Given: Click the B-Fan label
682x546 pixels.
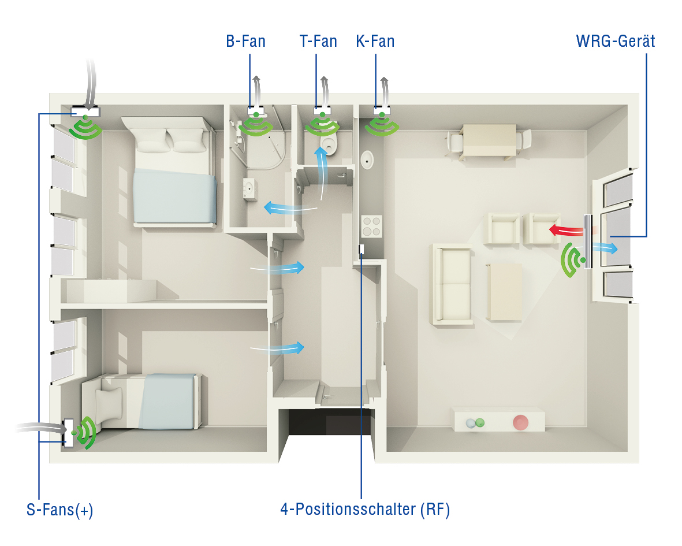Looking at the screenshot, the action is click(x=246, y=42).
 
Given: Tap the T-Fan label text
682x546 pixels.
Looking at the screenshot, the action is click(x=318, y=42).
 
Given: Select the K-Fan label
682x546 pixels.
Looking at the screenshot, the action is click(x=375, y=42).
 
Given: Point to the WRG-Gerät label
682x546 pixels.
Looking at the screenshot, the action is click(x=616, y=42).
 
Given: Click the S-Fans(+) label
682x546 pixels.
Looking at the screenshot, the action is click(x=60, y=510).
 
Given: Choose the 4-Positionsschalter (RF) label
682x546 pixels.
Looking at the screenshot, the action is click(x=365, y=510).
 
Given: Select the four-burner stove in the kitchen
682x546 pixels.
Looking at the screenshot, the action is click(x=371, y=226).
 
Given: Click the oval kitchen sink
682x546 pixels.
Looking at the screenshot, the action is click(x=367, y=159).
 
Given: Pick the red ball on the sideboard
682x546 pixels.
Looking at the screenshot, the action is click(x=520, y=422).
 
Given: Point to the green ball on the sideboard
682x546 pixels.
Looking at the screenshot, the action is click(x=480, y=422).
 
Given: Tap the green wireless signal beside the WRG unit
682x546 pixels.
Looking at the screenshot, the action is click(x=572, y=260).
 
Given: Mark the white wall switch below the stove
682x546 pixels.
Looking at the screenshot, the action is click(x=361, y=250).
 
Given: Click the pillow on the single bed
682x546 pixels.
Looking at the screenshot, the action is click(x=110, y=402).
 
